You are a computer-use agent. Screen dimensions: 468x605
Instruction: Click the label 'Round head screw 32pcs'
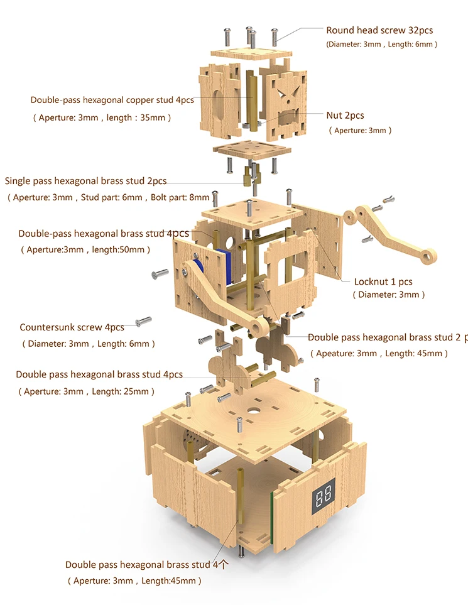tap(379, 31)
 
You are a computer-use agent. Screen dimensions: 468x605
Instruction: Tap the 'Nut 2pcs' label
tap(346, 116)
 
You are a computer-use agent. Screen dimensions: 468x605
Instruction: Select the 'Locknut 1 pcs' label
tap(383, 281)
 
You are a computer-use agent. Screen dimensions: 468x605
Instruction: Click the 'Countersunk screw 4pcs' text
tap(72, 327)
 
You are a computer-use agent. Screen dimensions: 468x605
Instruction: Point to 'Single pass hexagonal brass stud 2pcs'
tap(85, 181)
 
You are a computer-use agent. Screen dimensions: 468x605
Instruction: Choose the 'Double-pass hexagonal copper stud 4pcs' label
tap(112, 101)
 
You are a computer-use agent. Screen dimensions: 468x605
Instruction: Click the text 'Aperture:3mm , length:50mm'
tap(85, 249)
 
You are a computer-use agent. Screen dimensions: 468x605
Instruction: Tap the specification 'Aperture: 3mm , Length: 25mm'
tap(87, 391)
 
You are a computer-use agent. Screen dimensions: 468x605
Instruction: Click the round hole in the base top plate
tap(254, 412)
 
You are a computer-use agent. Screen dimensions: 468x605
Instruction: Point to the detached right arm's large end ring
tap(428, 256)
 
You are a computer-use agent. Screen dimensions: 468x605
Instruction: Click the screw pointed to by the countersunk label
tap(143, 321)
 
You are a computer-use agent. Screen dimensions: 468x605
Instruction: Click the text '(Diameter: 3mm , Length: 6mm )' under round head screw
tap(381, 45)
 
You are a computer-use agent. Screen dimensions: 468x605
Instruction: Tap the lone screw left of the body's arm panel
tap(160, 273)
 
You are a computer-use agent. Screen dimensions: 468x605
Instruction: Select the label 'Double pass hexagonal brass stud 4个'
tap(147, 565)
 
